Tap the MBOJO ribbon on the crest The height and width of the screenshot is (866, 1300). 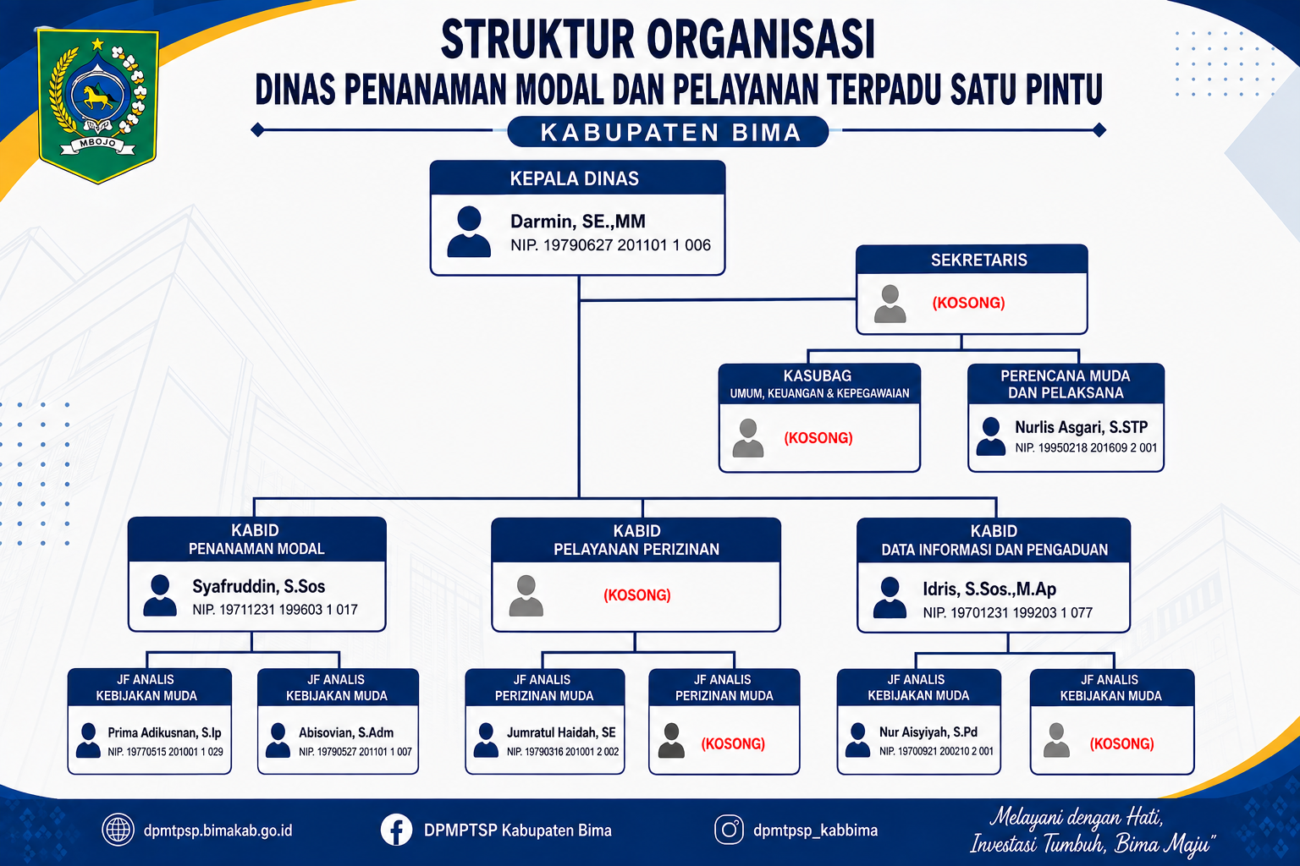point(97,144)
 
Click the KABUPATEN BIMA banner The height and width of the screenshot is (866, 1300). point(668,132)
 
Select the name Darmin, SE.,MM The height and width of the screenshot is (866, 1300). point(577,221)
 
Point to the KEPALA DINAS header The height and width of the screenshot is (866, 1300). point(574,178)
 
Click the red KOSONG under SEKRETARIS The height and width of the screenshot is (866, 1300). point(968,303)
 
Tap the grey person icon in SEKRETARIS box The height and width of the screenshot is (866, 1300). point(890,304)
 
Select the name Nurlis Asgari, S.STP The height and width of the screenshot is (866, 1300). point(1081,427)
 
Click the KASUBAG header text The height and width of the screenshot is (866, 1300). point(818,375)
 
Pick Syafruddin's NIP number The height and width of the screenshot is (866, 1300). point(275,610)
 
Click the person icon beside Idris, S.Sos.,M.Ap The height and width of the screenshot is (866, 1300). point(890,597)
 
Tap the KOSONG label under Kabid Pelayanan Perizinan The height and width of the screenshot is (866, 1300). point(636,595)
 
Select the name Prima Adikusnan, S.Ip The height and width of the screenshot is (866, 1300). point(165,732)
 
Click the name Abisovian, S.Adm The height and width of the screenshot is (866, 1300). point(346,732)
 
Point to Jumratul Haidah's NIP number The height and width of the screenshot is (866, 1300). point(562,752)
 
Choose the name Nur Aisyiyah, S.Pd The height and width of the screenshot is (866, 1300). point(928,732)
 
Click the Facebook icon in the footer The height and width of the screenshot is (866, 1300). point(396,830)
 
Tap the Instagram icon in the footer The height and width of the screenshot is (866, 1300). point(729,830)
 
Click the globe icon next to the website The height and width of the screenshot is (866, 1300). point(118,830)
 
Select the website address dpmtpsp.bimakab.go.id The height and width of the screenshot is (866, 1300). point(218,830)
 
